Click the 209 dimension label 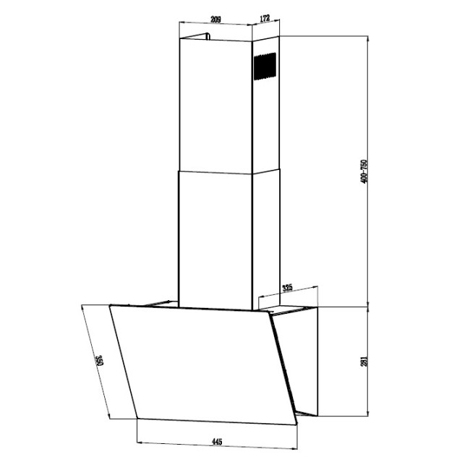point(214,20)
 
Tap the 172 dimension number point(265,20)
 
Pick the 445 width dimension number point(215,440)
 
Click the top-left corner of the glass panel point(111,305)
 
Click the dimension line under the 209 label point(214,27)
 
